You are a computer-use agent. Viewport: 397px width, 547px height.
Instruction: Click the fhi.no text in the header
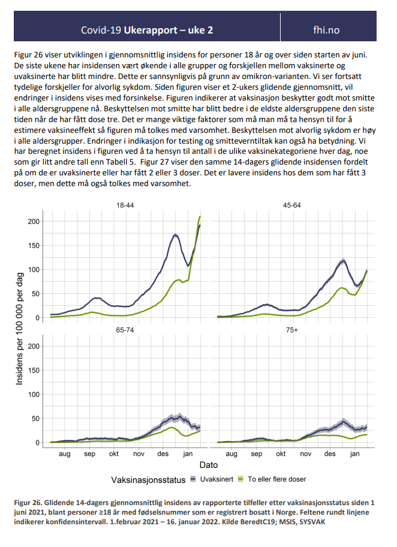(x=326, y=30)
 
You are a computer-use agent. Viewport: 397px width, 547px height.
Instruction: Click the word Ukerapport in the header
(x=151, y=31)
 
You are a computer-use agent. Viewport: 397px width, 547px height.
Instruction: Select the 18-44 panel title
(x=125, y=205)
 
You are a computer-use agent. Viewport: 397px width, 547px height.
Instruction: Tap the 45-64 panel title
(x=292, y=205)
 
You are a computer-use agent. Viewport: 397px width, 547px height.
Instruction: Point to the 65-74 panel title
(x=125, y=330)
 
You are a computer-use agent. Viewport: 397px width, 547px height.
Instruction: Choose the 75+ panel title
(x=292, y=330)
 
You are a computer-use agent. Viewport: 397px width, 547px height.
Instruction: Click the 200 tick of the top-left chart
(x=34, y=221)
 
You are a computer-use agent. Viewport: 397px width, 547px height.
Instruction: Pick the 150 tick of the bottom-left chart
(x=34, y=370)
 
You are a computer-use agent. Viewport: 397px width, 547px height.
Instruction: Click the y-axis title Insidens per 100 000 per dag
(x=19, y=329)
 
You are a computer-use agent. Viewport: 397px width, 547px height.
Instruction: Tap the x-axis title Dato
(x=209, y=464)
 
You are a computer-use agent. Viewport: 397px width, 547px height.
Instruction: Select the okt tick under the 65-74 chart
(x=113, y=454)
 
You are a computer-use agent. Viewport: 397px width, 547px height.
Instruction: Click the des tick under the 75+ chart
(x=330, y=454)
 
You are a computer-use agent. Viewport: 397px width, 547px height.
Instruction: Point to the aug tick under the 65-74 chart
(x=65, y=454)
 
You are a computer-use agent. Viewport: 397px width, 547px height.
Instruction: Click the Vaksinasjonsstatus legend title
(x=148, y=480)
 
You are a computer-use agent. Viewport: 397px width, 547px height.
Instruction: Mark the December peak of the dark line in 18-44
(x=176, y=235)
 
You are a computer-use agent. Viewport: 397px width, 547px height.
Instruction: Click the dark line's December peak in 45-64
(x=344, y=260)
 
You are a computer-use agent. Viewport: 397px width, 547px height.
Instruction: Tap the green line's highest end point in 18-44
(x=200, y=217)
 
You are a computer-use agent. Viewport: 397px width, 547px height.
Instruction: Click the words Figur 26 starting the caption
(x=27, y=503)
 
